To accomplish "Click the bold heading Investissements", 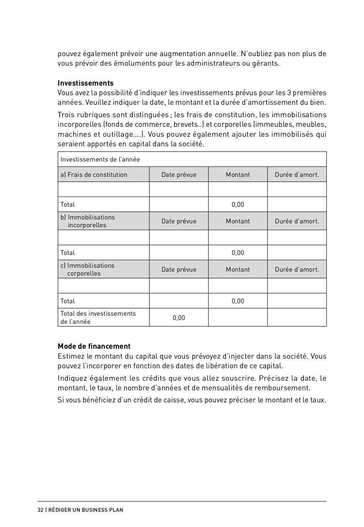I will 86,83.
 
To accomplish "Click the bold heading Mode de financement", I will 94,346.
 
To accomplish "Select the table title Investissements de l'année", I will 100,159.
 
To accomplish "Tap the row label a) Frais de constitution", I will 94,175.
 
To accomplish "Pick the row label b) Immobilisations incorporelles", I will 87,221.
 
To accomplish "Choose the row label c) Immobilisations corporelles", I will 87,270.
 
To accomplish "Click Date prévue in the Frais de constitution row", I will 179,175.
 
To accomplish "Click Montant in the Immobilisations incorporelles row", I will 238,221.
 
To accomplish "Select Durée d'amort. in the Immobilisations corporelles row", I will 297,270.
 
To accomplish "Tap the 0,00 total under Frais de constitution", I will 238,205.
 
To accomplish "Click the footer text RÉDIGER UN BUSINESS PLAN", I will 86,510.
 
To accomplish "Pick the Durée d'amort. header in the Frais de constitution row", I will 297,175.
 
